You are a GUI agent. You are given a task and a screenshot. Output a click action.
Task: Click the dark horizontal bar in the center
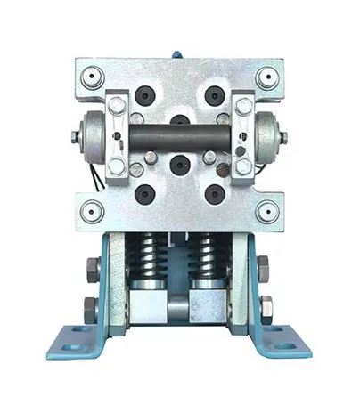[179, 141]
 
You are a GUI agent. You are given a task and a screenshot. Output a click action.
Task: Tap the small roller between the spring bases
[178, 302]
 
